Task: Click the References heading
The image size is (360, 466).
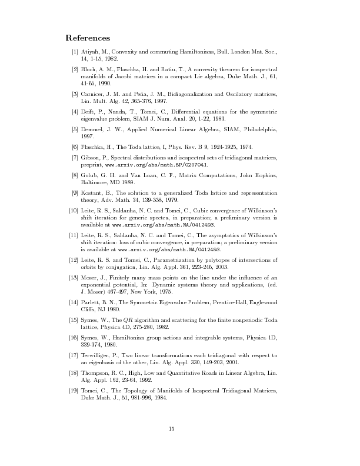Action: pos(88,38)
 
